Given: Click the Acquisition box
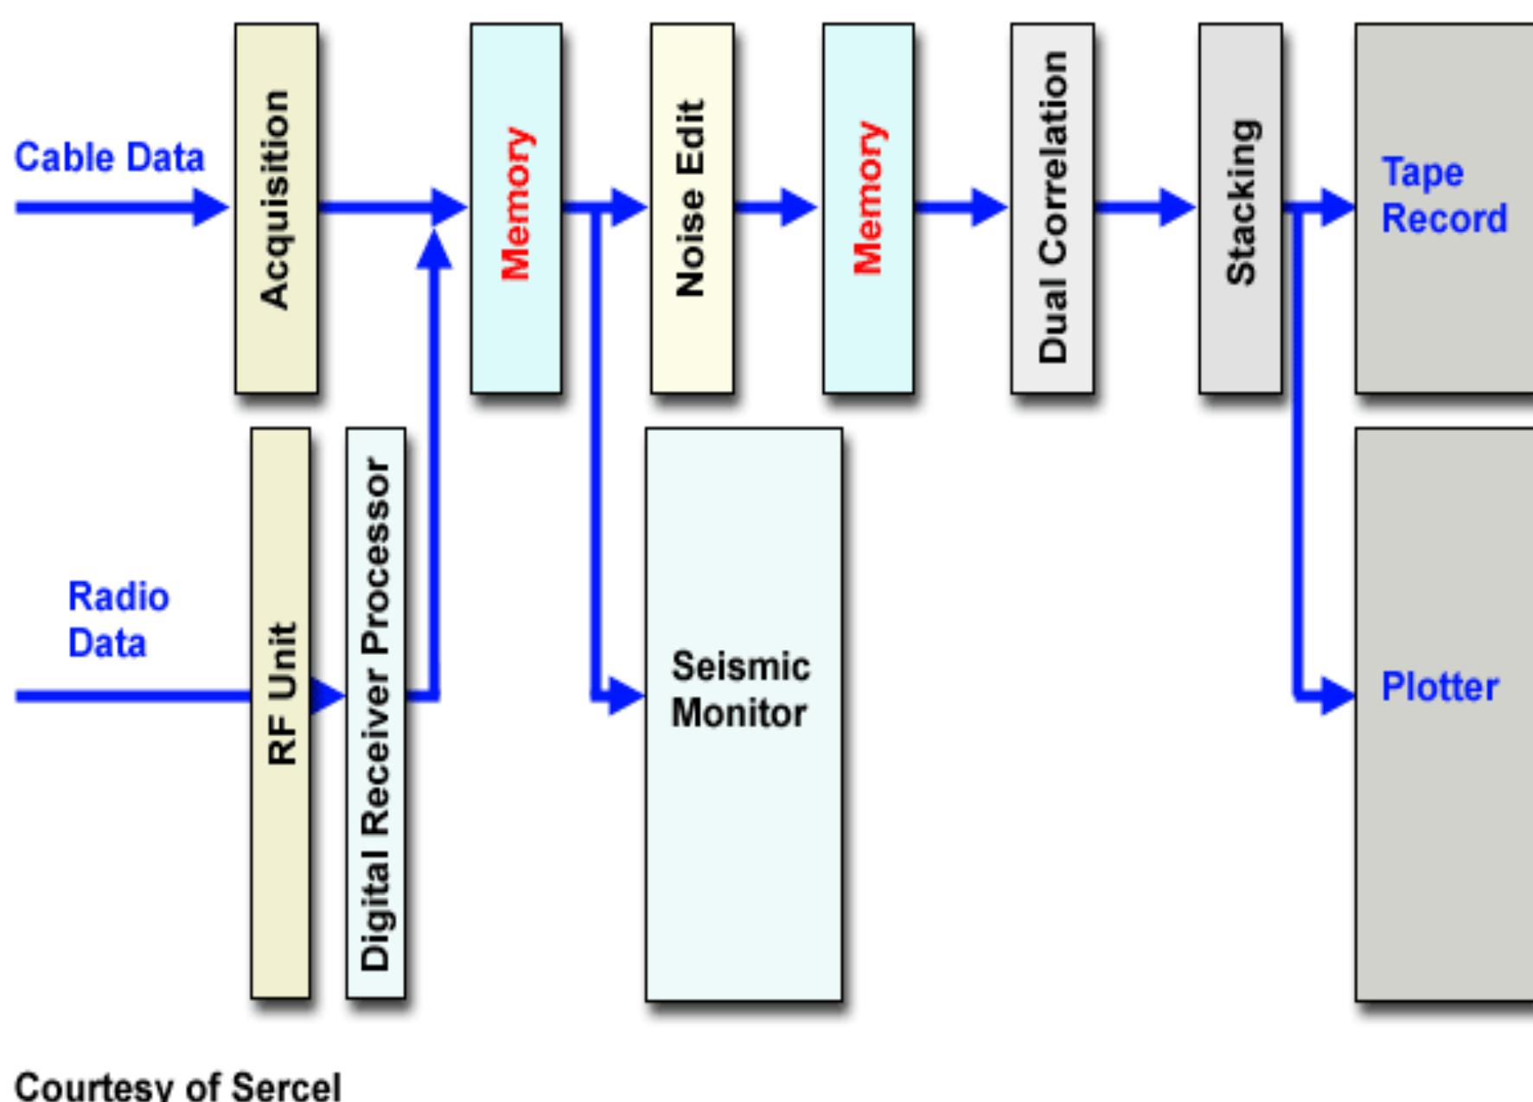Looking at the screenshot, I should (276, 208).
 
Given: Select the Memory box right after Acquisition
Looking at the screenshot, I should (515, 208).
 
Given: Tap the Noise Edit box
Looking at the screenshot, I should (692, 208).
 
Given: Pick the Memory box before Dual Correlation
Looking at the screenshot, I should (867, 208).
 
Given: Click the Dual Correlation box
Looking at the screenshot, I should (1051, 208).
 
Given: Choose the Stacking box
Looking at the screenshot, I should (1240, 208).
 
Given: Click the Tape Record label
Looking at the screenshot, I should (1443, 195).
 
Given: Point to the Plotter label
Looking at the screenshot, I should (1440, 688).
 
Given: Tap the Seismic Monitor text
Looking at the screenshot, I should (740, 690).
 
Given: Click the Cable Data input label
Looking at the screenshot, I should (110, 158).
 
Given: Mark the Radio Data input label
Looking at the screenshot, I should (118, 620).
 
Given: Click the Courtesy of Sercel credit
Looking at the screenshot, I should (178, 1086).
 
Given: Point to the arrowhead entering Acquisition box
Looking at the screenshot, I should (212, 208).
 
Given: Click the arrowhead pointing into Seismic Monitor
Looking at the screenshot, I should (627, 695).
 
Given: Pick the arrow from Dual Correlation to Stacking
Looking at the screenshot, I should (1146, 208).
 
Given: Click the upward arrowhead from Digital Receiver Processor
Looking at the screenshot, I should (434, 251).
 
